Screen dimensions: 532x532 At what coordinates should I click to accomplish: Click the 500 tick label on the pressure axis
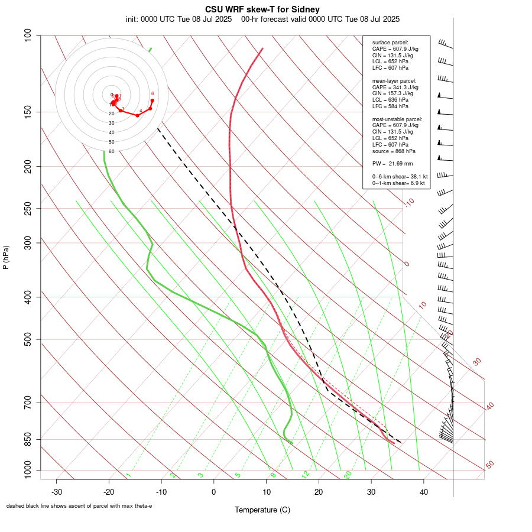28,339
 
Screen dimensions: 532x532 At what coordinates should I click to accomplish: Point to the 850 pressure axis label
28,439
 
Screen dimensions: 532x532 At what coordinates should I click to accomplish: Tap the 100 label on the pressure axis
28,35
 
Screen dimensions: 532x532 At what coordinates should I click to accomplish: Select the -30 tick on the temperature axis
57,491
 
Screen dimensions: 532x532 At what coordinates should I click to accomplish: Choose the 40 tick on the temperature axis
424,491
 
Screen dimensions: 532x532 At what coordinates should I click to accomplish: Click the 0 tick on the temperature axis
214,491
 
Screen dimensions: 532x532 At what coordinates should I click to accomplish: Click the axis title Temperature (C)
262,510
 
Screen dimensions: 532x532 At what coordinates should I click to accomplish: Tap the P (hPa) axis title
7,257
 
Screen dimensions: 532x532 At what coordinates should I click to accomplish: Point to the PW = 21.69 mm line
392,163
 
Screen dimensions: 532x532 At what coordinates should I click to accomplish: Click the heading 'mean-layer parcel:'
394,80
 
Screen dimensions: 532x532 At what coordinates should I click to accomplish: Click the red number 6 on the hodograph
153,93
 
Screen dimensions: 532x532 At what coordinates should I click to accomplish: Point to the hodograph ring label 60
111,151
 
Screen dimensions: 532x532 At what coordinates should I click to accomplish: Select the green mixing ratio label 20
348,474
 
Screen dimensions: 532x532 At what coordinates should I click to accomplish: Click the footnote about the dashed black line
79,506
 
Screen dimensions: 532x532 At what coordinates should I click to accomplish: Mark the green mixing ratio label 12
306,474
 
